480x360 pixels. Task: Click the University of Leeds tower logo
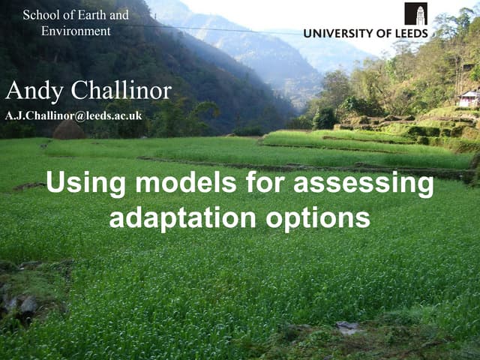point(415,13)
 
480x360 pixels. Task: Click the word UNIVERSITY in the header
point(338,33)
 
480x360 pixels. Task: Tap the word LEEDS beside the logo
point(410,33)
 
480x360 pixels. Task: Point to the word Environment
point(76,31)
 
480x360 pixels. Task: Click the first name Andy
point(34,91)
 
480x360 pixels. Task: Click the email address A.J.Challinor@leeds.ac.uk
point(73,115)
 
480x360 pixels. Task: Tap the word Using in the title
point(83,184)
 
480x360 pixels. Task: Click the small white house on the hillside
point(469,98)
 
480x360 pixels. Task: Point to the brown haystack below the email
point(68,130)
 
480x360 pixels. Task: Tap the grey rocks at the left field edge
point(22,304)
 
